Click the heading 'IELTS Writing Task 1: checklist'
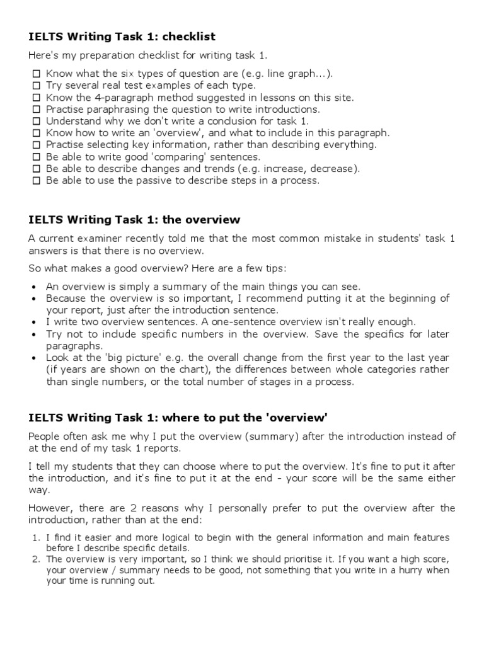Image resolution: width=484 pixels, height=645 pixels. click(x=122, y=37)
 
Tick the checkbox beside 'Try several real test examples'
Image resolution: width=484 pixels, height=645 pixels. click(x=36, y=86)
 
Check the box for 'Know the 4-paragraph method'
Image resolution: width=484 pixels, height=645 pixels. click(x=36, y=98)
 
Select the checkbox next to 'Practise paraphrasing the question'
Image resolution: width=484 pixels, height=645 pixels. click(x=36, y=110)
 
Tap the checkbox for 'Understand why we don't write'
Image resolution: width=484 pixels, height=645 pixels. click(x=36, y=121)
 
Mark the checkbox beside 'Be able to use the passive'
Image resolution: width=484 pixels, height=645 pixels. click(x=36, y=181)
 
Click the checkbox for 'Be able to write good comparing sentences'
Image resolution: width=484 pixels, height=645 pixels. click(x=36, y=157)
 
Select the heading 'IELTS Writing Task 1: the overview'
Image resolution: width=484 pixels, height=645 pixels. click(x=134, y=220)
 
